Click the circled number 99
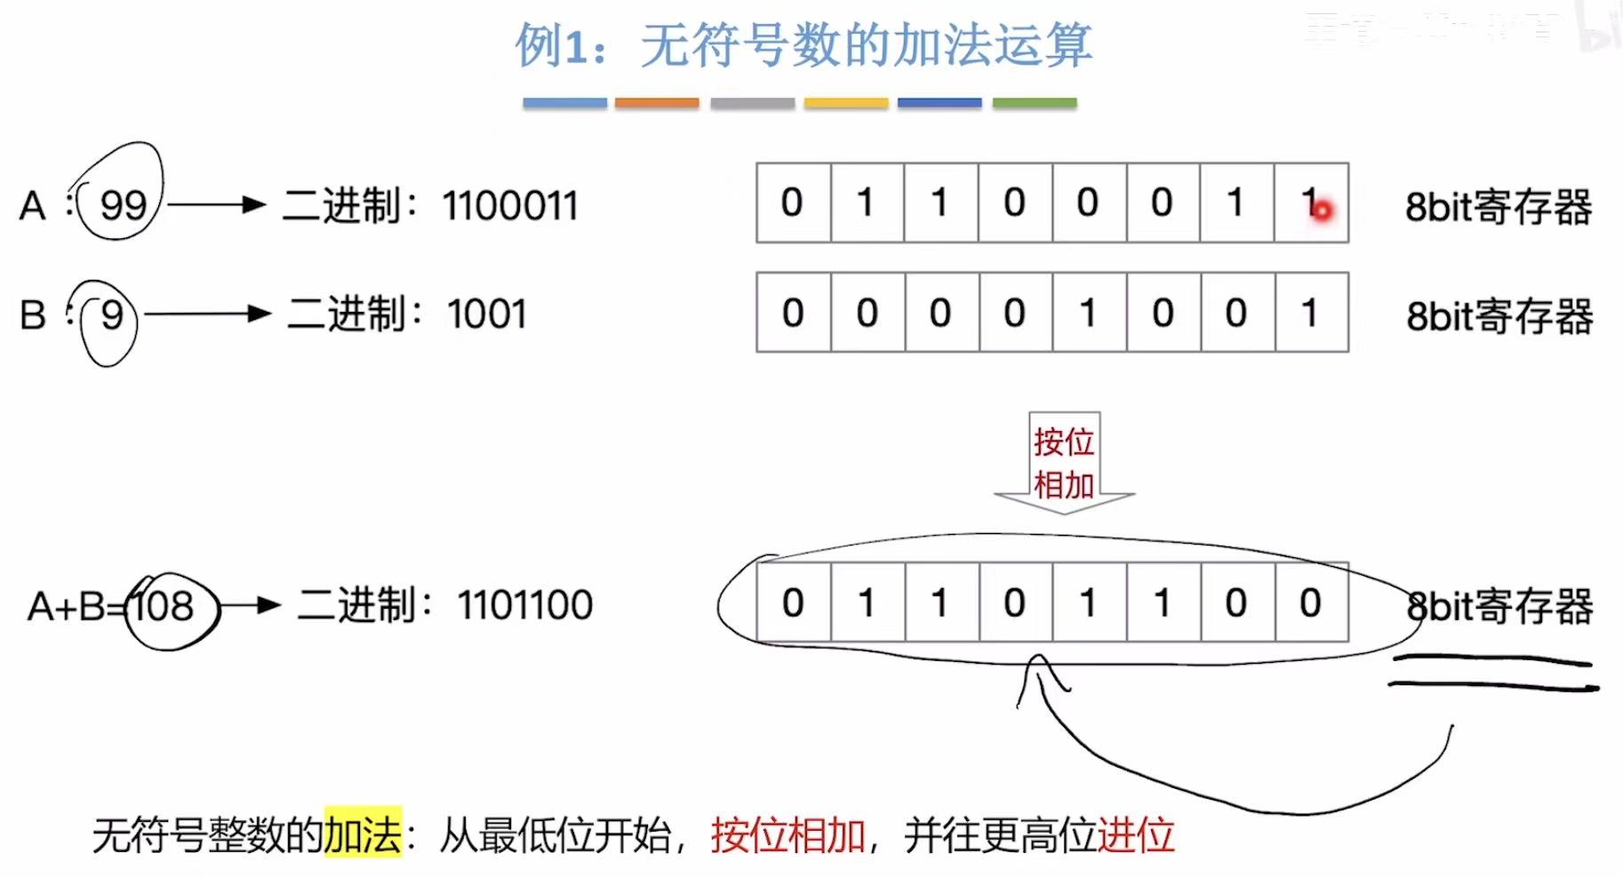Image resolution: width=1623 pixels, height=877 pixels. tap(123, 205)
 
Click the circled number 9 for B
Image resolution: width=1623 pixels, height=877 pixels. tap(111, 315)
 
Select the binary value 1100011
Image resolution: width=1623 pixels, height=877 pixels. tap(510, 206)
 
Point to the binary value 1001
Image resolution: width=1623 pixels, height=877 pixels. tap(487, 315)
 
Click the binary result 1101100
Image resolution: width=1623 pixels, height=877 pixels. tap(524, 606)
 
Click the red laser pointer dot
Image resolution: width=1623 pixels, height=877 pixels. tap(1322, 211)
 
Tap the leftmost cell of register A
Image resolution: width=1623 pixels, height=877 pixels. tap(793, 203)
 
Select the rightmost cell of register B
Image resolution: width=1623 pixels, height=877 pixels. tap(1311, 313)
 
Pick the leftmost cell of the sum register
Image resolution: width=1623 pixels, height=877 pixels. tap(793, 602)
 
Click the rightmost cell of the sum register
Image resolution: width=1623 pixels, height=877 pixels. tap(1311, 602)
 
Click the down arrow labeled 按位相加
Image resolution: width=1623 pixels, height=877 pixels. tap(1064, 463)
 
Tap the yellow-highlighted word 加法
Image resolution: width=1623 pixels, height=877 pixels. tap(363, 834)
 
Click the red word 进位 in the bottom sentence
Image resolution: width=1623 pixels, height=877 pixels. tap(1136, 834)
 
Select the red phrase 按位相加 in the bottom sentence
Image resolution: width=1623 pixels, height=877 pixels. tap(788, 834)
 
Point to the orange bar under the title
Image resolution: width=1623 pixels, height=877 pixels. tap(657, 103)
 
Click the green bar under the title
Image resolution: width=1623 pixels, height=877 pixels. tap(1034, 103)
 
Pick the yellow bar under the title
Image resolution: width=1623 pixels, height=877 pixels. tap(845, 103)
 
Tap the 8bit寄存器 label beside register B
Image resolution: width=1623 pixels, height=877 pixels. tap(1499, 316)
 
